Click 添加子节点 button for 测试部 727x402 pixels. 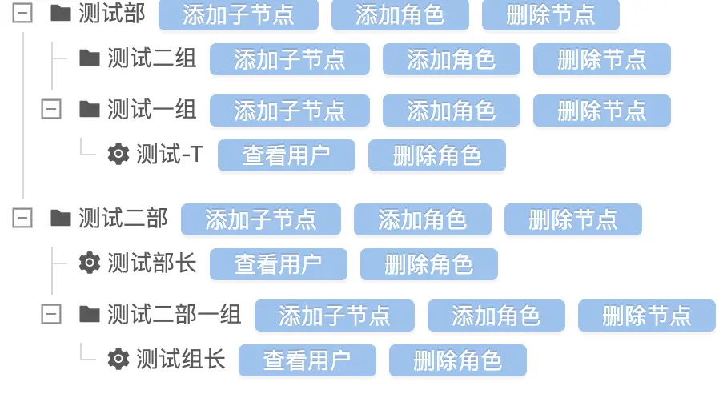[x=238, y=14]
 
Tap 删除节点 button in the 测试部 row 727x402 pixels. [x=550, y=14]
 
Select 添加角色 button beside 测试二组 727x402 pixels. [x=451, y=59]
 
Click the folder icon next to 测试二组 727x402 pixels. [x=89, y=58]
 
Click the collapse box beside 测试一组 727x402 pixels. [x=51, y=110]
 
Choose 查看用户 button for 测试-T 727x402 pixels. [x=286, y=155]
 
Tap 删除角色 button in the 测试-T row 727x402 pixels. [x=436, y=155]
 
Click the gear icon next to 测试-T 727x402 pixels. [x=118, y=155]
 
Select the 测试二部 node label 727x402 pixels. [x=123, y=219]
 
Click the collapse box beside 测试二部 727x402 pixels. [x=22, y=219]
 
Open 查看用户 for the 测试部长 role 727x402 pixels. [x=278, y=264]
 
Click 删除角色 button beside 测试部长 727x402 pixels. [x=428, y=264]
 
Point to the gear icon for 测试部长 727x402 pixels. [x=89, y=263]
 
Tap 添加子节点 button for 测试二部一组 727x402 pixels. [x=334, y=316]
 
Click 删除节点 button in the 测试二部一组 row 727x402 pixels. [x=646, y=316]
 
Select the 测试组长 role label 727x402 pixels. [x=180, y=360]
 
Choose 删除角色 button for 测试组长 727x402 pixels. [x=457, y=360]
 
